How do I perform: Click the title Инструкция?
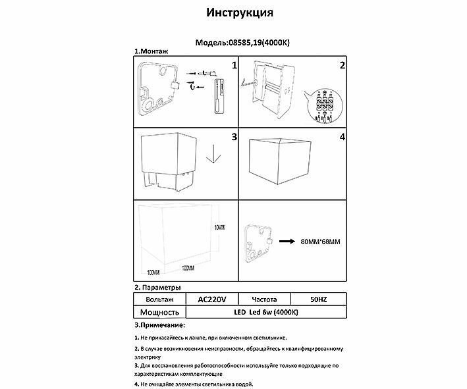(x=240, y=13)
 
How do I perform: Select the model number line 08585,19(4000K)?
(x=244, y=42)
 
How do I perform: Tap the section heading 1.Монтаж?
(x=153, y=52)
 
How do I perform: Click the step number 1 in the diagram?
(x=233, y=66)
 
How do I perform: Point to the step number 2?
(x=342, y=66)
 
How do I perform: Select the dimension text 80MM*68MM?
(x=321, y=242)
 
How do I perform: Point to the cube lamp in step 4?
(x=278, y=161)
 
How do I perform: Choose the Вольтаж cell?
(x=159, y=299)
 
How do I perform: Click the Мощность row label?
(x=159, y=312)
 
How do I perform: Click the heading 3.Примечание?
(x=159, y=326)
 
